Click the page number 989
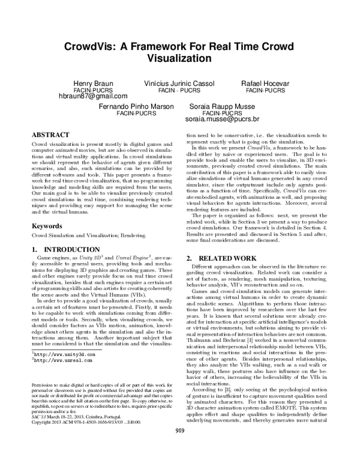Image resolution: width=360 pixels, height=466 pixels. click(179, 447)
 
